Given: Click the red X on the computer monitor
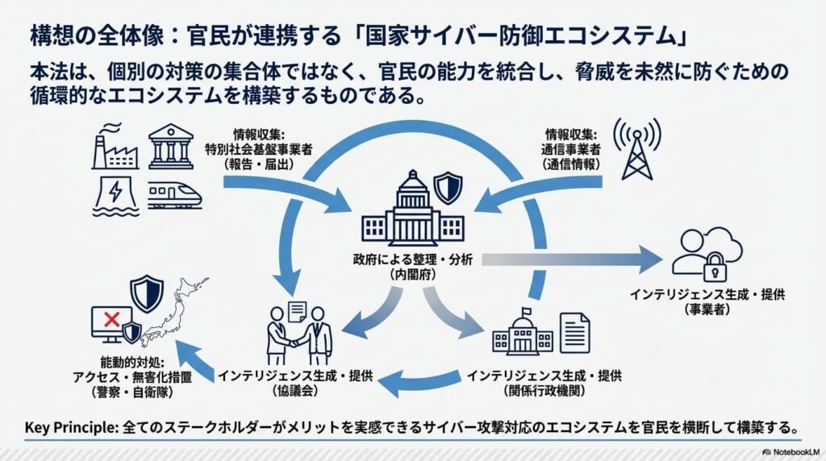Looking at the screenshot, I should pyautogui.click(x=107, y=320).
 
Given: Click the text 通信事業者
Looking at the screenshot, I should pyautogui.click(x=574, y=148).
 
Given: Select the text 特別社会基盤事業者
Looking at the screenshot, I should pyautogui.click(x=260, y=148).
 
